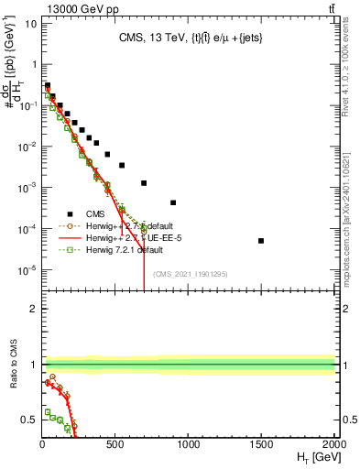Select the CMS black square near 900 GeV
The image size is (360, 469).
coord(173,202)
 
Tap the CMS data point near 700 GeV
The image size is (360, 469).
coord(144,183)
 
